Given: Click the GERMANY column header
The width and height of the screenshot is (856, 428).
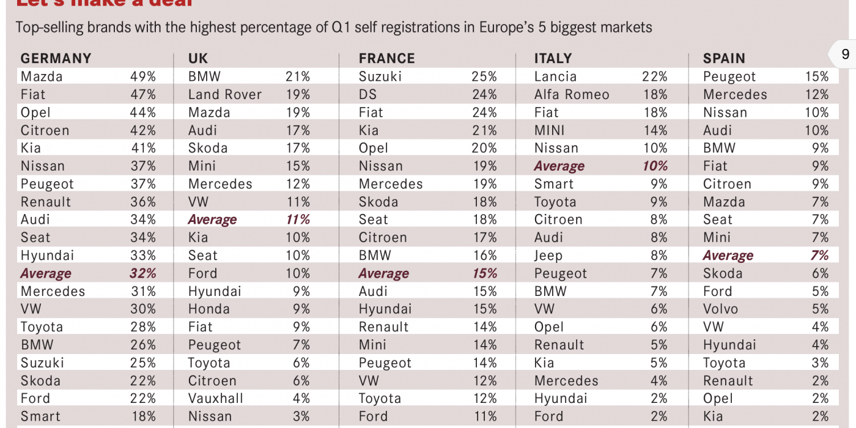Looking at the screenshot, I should coord(56,59).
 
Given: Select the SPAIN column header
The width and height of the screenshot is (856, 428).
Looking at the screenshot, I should coord(724,59).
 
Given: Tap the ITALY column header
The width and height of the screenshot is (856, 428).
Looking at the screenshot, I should coord(553,59).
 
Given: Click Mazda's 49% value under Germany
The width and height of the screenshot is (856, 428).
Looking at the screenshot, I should coord(143,76).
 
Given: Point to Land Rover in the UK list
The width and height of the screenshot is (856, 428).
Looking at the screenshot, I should coord(224,94).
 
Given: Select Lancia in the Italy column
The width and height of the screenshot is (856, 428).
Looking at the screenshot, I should coord(555,76).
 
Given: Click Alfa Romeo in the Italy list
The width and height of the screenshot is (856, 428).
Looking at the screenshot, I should coord(572,94).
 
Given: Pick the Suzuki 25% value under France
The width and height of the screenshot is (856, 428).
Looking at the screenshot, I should coord(484,76).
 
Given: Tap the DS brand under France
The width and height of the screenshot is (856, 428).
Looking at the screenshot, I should coord(368,94).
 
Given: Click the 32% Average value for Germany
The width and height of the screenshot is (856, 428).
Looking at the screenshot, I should coord(143,273).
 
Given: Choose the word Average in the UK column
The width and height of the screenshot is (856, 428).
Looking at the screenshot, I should coord(212,220).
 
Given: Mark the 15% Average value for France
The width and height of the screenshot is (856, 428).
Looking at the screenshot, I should coord(484,273).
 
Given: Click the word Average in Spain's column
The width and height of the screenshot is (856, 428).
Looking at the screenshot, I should coord(728,256).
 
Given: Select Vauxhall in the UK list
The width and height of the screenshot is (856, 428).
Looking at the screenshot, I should coord(216,398).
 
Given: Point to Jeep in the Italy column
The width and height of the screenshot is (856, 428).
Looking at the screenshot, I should coord(548,256).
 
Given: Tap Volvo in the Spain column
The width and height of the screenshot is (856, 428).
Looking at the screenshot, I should coord(720,309).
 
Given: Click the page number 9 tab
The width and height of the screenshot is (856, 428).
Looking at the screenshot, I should coord(845,54).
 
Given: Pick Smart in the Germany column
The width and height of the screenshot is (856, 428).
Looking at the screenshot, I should coord(40,416).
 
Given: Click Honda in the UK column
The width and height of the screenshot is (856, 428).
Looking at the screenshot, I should coord(208,309).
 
